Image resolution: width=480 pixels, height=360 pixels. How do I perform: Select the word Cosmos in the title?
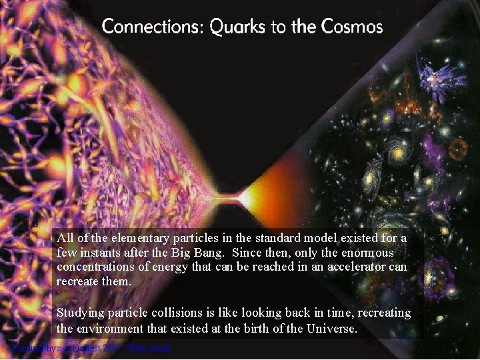351,27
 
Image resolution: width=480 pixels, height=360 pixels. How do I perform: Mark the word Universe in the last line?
331,329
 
